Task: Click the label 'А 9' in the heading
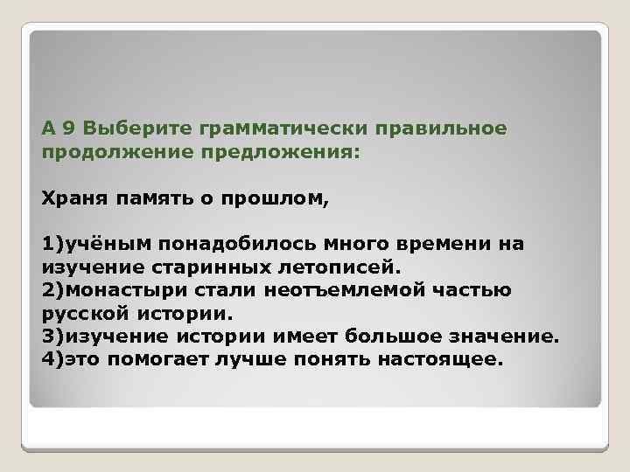[59, 129]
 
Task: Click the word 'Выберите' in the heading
[140, 129]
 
